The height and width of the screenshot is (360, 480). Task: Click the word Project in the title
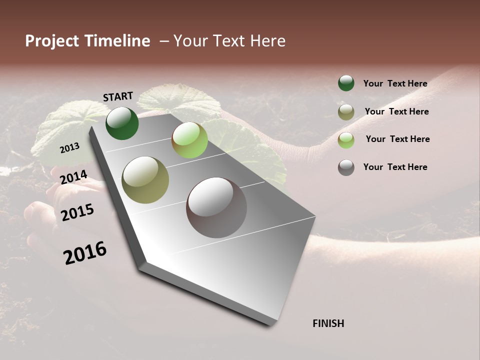click(49, 41)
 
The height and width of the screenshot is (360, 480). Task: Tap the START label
click(118, 96)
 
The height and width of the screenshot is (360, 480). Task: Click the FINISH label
click(328, 323)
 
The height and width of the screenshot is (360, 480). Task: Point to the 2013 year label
click(69, 148)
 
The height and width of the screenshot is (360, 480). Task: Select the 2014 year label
click(73, 177)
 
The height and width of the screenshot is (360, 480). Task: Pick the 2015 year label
click(77, 212)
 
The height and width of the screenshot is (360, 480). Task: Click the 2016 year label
click(85, 252)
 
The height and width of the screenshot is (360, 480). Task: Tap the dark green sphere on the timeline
click(122, 123)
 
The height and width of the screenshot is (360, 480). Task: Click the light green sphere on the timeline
click(189, 140)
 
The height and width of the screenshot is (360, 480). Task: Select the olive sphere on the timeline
click(145, 180)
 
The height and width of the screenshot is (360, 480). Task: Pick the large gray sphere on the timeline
click(216, 207)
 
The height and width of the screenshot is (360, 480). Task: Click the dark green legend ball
click(346, 83)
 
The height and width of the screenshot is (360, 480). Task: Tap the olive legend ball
click(346, 112)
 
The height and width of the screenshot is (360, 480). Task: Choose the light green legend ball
click(346, 140)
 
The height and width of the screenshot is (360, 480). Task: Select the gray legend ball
click(346, 167)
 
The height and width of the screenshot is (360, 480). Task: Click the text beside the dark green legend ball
click(395, 83)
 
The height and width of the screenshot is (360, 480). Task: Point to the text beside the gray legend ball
click(395, 167)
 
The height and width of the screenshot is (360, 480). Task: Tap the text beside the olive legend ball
click(396, 111)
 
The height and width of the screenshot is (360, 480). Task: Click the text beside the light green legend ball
click(397, 139)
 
